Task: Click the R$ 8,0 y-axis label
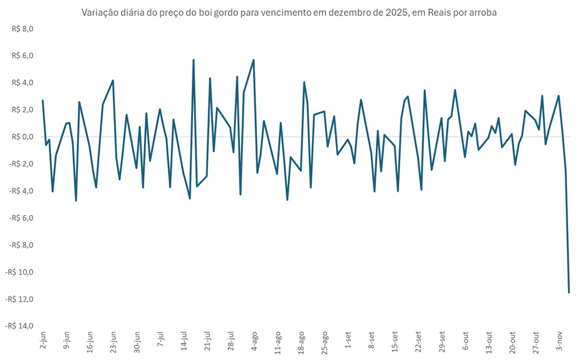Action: point(23,29)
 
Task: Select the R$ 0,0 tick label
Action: point(23,137)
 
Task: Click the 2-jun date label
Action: point(44,340)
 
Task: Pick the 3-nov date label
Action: point(560,340)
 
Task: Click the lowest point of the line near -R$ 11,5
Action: point(569,292)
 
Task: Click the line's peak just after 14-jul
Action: point(194,60)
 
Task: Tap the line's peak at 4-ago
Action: point(254,60)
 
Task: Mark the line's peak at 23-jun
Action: point(113,81)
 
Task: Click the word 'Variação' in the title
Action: point(100,13)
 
